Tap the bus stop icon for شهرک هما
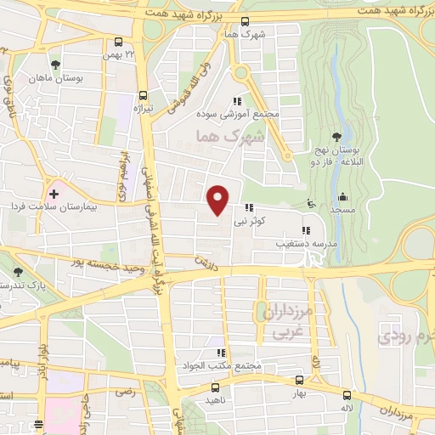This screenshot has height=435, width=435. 246,22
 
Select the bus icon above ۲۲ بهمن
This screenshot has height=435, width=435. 119,42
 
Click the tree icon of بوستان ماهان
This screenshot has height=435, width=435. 56,65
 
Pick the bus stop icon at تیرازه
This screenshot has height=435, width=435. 143,96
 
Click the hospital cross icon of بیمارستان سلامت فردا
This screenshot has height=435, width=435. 54,194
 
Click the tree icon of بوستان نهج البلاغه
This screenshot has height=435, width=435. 337,135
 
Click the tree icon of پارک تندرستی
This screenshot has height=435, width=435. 19,273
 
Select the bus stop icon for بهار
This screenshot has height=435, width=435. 298,381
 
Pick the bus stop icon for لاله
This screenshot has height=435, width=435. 346,395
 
